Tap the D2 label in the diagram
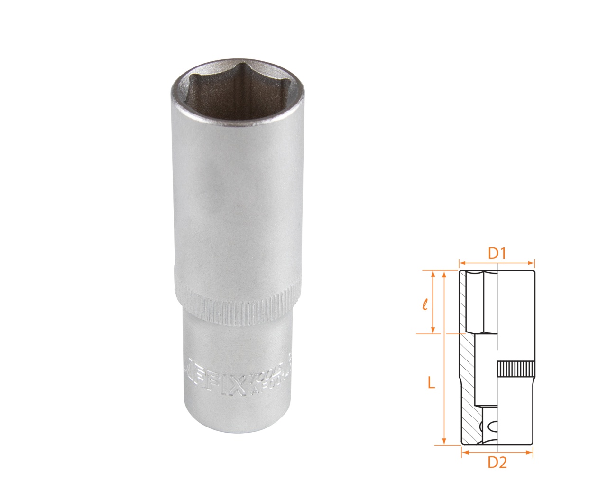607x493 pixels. click(497, 462)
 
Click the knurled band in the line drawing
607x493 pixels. click(516, 369)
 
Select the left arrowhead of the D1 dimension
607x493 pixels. click(461, 261)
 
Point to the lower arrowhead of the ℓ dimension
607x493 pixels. click(432, 331)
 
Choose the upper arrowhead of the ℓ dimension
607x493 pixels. click(432, 274)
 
